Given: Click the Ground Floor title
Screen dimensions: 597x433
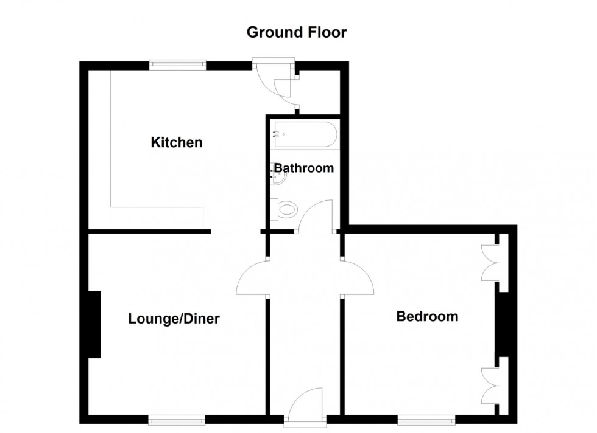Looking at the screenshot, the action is (x=297, y=32).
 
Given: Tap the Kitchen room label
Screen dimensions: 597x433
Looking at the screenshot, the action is (x=176, y=142).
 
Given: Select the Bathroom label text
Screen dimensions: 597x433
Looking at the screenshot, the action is (x=304, y=168).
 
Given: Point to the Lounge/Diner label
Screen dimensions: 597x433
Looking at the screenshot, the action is (x=174, y=319).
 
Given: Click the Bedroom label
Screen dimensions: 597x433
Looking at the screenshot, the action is (x=427, y=316).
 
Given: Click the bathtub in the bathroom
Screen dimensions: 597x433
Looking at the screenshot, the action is (x=305, y=134).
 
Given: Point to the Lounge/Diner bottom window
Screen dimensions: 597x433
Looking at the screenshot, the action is (x=177, y=420).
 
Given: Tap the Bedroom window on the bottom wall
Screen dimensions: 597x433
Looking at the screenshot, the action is (x=426, y=420).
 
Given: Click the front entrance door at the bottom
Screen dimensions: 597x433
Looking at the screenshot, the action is (x=305, y=405).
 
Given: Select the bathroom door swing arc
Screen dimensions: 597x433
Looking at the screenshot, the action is (x=316, y=215).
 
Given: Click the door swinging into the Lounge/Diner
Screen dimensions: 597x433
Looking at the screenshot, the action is (x=251, y=277).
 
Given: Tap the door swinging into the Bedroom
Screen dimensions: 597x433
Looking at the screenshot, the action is (x=358, y=277).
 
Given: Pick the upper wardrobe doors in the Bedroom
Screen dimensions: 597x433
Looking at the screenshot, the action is (x=490, y=262).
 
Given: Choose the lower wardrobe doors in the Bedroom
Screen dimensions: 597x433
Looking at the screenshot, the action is (x=490, y=386).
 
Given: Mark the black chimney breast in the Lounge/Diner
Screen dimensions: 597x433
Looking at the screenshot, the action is (x=94, y=324).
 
